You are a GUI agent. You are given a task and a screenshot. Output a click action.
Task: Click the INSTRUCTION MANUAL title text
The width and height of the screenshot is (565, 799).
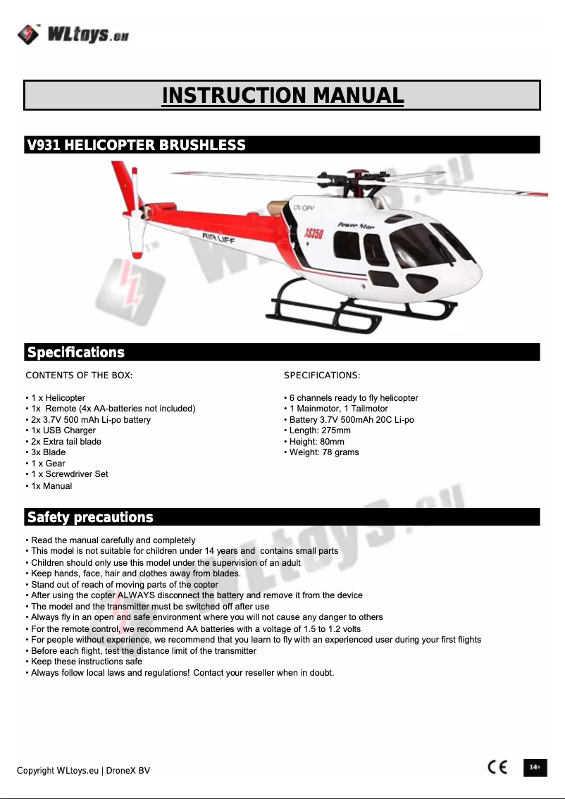(282, 95)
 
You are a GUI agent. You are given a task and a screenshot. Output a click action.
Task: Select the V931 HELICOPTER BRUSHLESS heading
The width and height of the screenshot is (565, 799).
(136, 145)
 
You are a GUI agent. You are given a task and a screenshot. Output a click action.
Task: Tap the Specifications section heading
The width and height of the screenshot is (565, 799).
(75, 352)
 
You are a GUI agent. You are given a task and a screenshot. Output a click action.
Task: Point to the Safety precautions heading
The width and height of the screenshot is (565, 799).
(89, 517)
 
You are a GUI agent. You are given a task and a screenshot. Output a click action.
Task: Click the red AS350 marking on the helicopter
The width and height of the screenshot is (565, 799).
(313, 233)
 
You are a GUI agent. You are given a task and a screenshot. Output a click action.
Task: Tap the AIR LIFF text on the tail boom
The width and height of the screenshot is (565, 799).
(219, 238)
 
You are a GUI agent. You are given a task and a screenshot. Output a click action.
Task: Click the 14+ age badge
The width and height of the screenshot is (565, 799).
(535, 767)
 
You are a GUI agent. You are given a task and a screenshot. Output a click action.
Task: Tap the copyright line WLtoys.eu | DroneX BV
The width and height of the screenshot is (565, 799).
(83, 770)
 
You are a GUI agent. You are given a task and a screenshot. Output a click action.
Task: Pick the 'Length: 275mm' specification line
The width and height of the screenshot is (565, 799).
(319, 431)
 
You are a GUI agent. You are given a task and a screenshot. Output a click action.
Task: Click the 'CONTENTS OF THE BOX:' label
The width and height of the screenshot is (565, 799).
(79, 376)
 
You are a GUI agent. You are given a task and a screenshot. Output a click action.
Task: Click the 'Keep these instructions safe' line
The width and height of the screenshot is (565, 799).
(86, 661)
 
